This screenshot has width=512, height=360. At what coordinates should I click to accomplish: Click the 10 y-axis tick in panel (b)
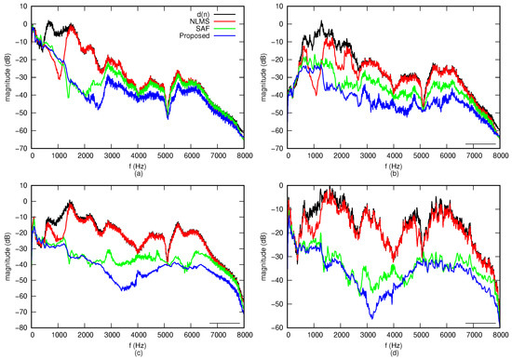[278, 6]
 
